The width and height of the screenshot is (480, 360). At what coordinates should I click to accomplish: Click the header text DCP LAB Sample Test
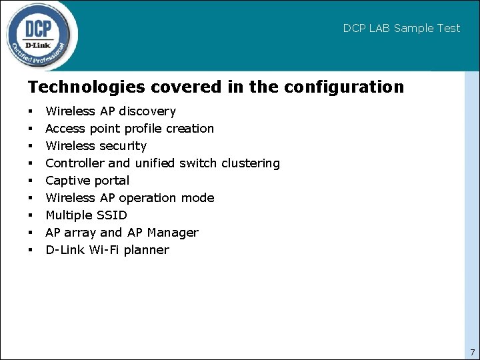point(401,28)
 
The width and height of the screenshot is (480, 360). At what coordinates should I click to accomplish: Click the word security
point(123,146)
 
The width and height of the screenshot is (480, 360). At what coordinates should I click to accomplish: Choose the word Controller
point(72,163)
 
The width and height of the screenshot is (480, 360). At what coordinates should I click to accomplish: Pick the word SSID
point(112,215)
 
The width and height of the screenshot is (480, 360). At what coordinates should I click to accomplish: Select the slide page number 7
point(472,352)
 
